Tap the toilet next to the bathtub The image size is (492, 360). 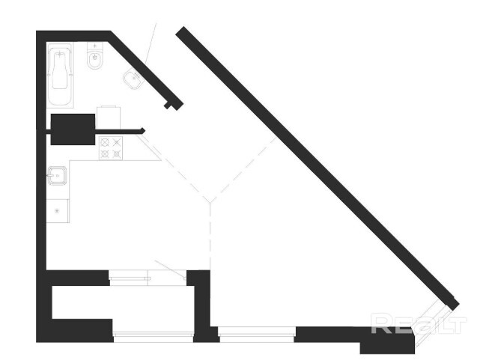point(95,59)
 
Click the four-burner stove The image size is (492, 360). point(112,148)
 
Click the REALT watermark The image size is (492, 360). point(418,325)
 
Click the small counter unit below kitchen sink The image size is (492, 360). point(58,210)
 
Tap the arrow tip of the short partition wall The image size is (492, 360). point(142,131)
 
